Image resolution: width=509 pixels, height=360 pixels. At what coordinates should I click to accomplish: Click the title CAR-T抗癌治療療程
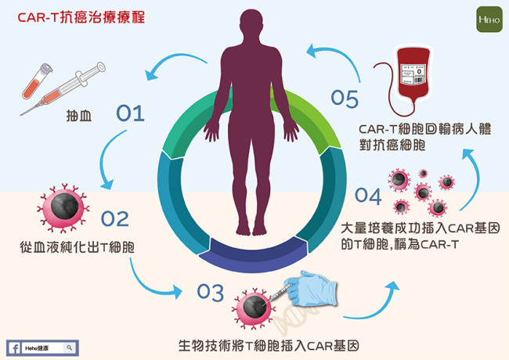pyautogui.click(x=70, y=16)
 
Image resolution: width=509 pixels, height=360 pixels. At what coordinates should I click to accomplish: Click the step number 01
pyautogui.click(x=131, y=114)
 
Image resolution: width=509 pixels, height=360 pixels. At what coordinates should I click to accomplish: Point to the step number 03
pyautogui.click(x=211, y=293)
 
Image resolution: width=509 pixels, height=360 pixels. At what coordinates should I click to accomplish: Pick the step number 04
pyautogui.click(x=370, y=194)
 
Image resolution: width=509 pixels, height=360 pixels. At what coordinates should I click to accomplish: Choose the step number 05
pyautogui.click(x=345, y=99)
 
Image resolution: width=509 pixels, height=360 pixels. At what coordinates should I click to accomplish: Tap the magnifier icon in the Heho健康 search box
pyautogui.click(x=69, y=347)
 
